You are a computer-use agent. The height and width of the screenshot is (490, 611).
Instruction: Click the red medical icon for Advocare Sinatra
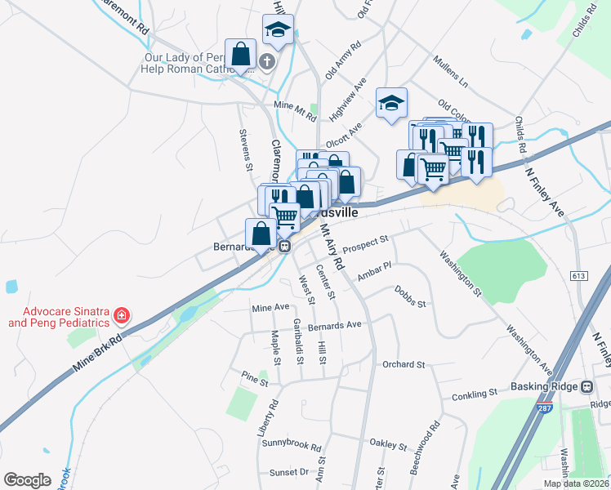coord(122,314)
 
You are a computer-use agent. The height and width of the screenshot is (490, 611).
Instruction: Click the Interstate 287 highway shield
coord(545,407)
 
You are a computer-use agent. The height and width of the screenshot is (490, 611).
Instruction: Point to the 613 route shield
coord(579,276)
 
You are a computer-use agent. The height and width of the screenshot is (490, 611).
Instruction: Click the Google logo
coord(27,479)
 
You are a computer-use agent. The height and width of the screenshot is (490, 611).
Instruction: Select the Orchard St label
coord(404,364)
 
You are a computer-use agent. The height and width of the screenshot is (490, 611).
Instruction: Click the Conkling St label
coord(474,394)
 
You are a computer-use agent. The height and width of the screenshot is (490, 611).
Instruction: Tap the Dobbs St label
coord(410,296)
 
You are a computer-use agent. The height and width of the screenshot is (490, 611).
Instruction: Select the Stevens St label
coord(244,149)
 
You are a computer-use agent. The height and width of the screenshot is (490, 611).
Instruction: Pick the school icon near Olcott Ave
coord(391,103)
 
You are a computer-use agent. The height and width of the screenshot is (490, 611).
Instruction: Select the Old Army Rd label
coord(343,60)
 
